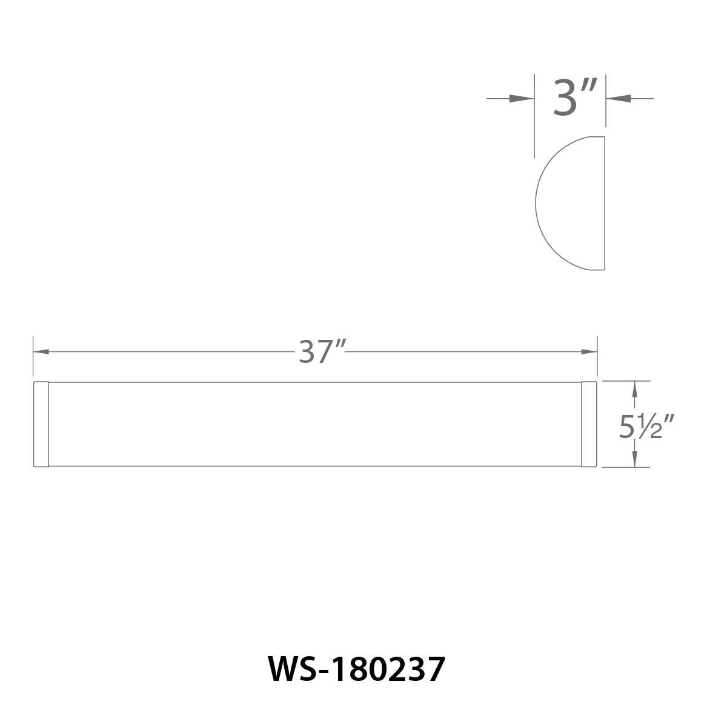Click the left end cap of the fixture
tap(41, 424)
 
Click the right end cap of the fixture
tap(589, 424)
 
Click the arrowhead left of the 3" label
tap(523, 98)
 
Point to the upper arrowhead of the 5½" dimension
tap(634, 388)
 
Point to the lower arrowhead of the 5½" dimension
tap(634, 460)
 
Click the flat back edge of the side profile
tap(605, 203)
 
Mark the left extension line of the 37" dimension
tap(33, 357)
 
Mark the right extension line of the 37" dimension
tap(597, 357)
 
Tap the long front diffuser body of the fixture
tap(315, 424)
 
